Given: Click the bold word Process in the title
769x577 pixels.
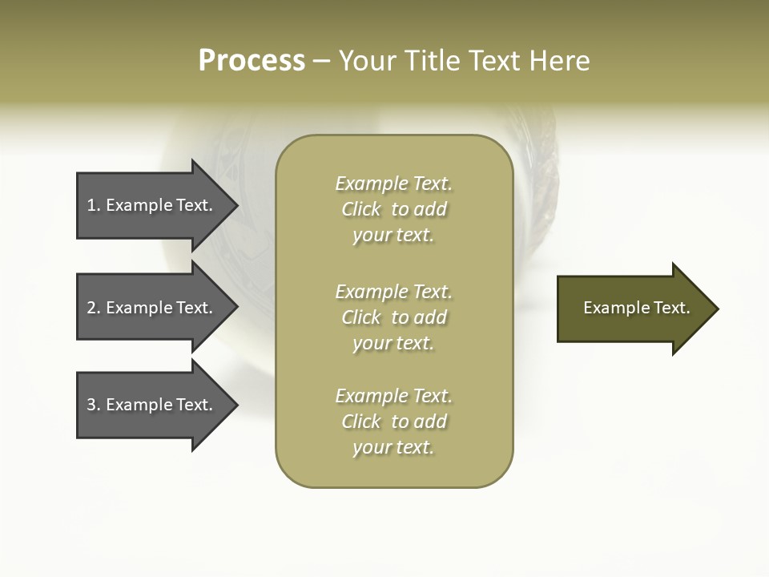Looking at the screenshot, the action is pyautogui.click(x=252, y=61).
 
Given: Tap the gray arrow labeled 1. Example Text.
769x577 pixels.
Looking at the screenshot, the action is pyautogui.click(x=152, y=205).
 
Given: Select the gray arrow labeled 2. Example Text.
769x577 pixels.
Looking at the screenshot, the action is pyautogui.click(x=152, y=308).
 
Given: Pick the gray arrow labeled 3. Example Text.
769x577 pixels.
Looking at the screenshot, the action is pyautogui.click(x=152, y=405).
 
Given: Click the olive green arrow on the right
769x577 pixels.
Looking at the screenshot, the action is pyautogui.click(x=633, y=309).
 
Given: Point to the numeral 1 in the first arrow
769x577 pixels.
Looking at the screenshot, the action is pyautogui.click(x=91, y=205).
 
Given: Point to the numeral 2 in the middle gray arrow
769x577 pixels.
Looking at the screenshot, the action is pyautogui.click(x=91, y=308).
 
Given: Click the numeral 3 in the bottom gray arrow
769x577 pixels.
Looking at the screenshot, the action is pyautogui.click(x=91, y=405).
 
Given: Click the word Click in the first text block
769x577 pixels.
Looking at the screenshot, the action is pyautogui.click(x=361, y=209).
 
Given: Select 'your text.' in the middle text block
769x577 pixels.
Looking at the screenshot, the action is pyautogui.click(x=393, y=343).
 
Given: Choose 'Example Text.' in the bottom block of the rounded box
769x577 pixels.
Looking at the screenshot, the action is pyautogui.click(x=393, y=396).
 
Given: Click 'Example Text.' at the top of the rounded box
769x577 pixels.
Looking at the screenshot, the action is pyautogui.click(x=393, y=184).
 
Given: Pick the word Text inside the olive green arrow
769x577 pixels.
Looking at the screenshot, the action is pyautogui.click(x=671, y=308).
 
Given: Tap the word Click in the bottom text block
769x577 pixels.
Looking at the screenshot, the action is pyautogui.click(x=361, y=422).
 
